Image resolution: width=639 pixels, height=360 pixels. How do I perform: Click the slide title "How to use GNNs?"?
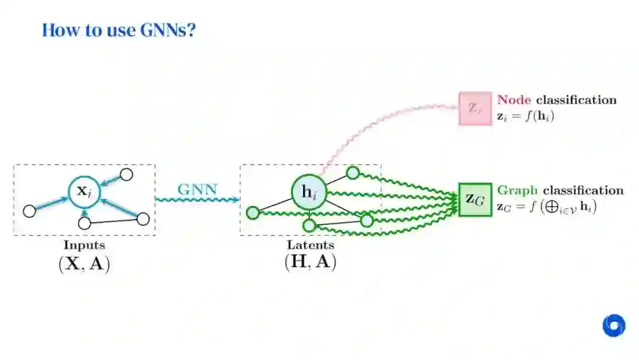pyautogui.click(x=118, y=30)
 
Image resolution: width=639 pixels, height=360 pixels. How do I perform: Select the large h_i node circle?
pyautogui.click(x=309, y=192)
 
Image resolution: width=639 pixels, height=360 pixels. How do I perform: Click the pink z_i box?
pyautogui.click(x=475, y=108)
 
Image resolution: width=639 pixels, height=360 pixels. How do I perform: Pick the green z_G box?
pyautogui.click(x=475, y=200)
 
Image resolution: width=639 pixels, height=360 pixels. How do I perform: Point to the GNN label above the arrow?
pyautogui.click(x=198, y=189)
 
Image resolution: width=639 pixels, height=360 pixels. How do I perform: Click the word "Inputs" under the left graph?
pyautogui.click(x=85, y=245)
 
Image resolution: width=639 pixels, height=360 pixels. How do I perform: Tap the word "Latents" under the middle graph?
pyautogui.click(x=311, y=245)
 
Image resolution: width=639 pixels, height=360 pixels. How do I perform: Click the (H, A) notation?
pyautogui.click(x=311, y=262)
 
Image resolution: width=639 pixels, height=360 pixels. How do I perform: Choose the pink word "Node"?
pyautogui.click(x=514, y=99)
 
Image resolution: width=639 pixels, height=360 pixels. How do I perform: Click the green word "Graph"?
pyautogui.click(x=517, y=191)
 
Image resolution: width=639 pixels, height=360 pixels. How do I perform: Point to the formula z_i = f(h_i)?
pyautogui.click(x=525, y=116)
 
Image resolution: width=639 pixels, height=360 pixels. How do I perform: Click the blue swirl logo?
pyautogui.click(x=614, y=326)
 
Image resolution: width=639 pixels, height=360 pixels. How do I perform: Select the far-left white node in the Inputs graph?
pyautogui.click(x=29, y=211)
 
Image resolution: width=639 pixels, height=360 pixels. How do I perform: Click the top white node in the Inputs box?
pyautogui.click(x=126, y=174)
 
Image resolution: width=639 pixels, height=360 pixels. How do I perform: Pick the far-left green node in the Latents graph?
pyautogui.click(x=253, y=213)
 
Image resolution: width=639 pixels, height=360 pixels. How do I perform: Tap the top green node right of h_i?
pyautogui.click(x=353, y=173)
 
